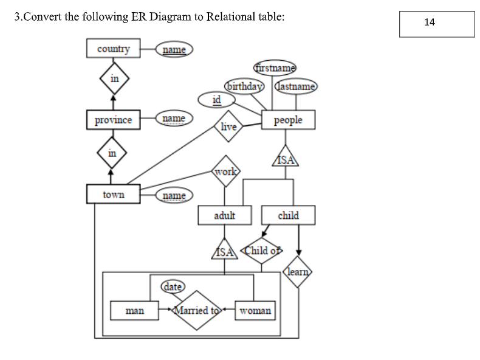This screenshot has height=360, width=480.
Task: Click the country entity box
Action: point(114,49)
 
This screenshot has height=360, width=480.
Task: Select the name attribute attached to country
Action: point(174,49)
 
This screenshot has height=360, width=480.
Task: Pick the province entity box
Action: point(114,120)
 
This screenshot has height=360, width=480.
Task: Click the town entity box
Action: point(114,195)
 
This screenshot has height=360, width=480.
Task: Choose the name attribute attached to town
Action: point(174,195)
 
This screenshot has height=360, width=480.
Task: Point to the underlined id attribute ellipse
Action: point(216,99)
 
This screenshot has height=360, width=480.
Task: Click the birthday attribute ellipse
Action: point(244,86)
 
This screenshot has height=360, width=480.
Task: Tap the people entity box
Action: point(288,120)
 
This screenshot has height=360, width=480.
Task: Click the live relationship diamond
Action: point(228,126)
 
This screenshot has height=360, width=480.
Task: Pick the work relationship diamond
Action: point(225,171)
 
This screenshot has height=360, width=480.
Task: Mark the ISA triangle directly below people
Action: point(288,159)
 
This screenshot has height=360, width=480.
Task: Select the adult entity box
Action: point(225,215)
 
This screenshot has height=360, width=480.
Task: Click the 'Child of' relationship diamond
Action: point(261,250)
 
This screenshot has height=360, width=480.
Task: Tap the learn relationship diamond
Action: point(298,272)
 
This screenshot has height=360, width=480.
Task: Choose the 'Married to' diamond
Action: point(196,310)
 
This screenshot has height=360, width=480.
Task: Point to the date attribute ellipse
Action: point(173,286)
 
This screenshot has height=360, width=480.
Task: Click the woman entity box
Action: point(255,310)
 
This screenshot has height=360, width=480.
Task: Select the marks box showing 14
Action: point(436,23)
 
